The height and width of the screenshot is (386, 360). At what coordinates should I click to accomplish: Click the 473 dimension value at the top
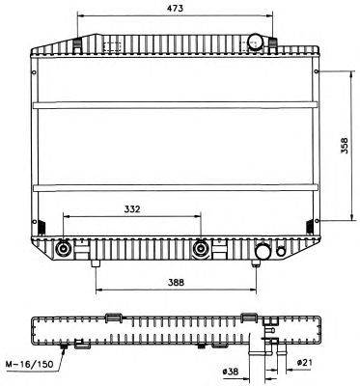pos(174,8)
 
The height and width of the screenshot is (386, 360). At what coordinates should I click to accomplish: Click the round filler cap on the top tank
pos(256,41)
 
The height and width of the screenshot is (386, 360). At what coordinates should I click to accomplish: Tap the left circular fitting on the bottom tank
pos(65,249)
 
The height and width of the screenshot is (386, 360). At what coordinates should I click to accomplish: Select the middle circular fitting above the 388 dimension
pos(201,249)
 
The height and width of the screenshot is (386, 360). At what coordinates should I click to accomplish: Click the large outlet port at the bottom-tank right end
pos(262,254)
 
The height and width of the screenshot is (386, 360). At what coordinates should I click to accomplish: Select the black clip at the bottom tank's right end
pos(309,226)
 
